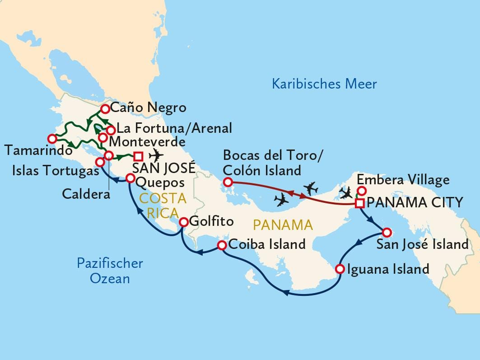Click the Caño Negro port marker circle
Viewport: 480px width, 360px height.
(105, 108)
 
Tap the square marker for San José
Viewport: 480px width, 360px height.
(139, 156)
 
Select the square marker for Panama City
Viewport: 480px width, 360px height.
(359, 203)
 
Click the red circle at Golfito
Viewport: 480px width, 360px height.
(184, 222)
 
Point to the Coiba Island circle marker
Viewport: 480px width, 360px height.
(222, 245)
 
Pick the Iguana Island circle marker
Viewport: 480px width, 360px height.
(340, 270)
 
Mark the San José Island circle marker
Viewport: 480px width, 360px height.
(386, 233)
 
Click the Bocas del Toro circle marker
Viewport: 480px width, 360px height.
(228, 182)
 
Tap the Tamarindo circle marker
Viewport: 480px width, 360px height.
(52, 138)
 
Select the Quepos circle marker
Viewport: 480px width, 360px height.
(130, 178)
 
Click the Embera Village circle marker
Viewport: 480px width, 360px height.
(361, 191)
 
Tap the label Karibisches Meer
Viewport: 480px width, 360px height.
(324, 84)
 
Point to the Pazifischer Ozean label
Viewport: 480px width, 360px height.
(110, 271)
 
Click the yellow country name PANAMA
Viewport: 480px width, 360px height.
(283, 224)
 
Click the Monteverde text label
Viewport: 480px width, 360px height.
(147, 141)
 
